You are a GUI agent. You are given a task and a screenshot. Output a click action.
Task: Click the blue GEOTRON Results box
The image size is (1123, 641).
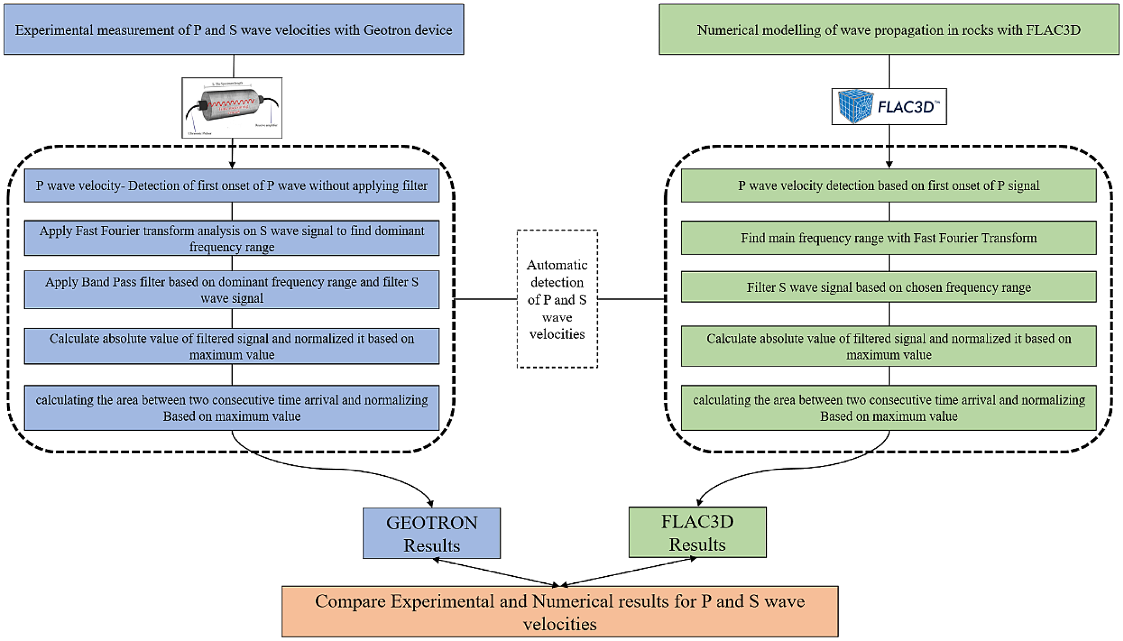(431, 533)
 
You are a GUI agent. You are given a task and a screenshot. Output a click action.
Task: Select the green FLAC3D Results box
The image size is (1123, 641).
(697, 532)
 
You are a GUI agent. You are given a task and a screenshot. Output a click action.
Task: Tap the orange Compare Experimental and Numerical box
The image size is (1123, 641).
(560, 611)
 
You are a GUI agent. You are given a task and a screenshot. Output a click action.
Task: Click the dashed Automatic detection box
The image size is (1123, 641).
(557, 299)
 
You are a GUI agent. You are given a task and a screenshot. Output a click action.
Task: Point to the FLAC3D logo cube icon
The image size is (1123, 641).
(855, 106)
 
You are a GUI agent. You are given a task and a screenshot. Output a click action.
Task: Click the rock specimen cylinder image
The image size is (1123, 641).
(232, 107)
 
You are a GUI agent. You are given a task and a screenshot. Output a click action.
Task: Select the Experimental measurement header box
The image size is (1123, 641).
(234, 30)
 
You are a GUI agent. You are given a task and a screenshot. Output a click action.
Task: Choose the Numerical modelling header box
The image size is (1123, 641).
(889, 30)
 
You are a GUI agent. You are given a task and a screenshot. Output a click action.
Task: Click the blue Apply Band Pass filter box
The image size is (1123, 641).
(232, 290)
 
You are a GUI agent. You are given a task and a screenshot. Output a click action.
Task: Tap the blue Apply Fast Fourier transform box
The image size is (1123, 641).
(232, 238)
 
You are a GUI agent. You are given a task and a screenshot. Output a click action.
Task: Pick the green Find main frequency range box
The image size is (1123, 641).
(889, 238)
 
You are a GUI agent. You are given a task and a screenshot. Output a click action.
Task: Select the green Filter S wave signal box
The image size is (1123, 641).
(889, 287)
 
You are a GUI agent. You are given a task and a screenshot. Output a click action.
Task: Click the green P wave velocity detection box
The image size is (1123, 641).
(889, 185)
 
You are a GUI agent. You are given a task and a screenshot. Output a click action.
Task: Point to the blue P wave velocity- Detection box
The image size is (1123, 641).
(232, 185)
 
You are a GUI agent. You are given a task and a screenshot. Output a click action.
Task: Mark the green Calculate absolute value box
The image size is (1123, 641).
(889, 346)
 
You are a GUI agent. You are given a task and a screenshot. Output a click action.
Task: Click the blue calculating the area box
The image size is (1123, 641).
(232, 408)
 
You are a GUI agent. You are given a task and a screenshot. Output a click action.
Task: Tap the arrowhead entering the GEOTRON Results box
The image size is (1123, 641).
(431, 503)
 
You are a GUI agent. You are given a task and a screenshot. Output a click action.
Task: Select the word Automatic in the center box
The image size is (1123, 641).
(557, 265)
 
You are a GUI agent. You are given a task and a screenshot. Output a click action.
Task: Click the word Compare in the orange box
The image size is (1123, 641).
(350, 601)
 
